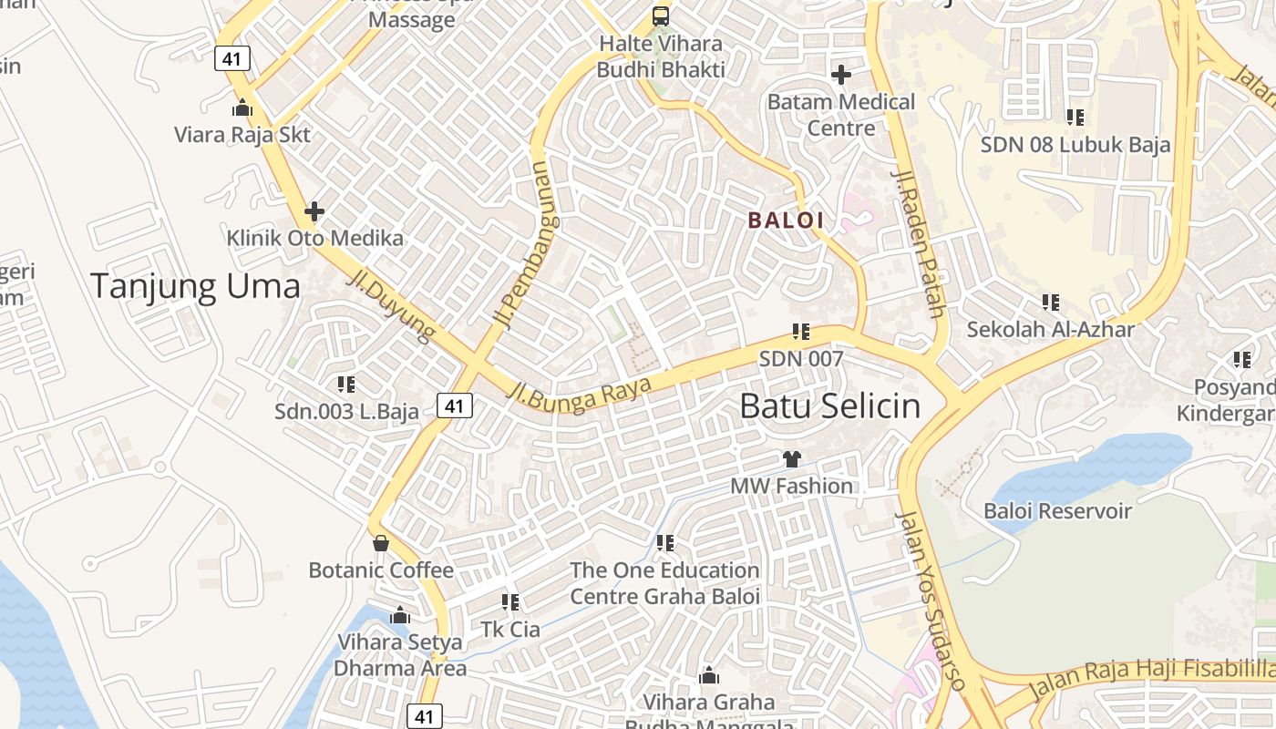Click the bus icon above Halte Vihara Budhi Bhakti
[x=661, y=16]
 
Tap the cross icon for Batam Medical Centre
[x=841, y=74]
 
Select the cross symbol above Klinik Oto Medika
[x=314, y=212]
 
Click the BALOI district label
[x=786, y=220]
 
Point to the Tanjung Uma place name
[x=195, y=286]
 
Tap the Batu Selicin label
[x=829, y=406]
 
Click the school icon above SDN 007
[x=801, y=332]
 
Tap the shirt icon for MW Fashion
[x=791, y=459]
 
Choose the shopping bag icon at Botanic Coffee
[x=381, y=543]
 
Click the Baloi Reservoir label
[x=1057, y=511]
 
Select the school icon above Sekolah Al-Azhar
[x=1051, y=302]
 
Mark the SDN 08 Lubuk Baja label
[x=1075, y=144]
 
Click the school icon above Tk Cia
[x=510, y=602]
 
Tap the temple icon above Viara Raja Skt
[x=242, y=108]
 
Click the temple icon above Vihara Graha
[x=709, y=676]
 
